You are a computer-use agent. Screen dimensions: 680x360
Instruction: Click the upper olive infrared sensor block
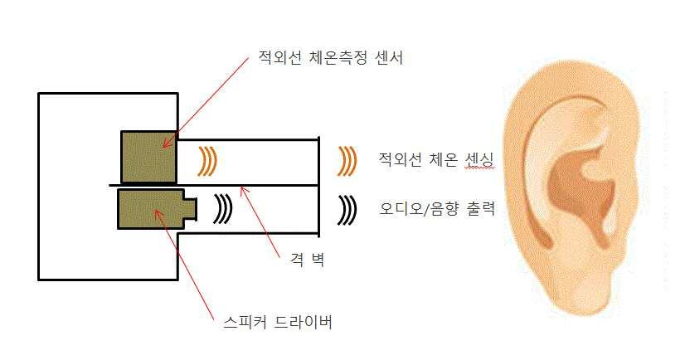(148, 156)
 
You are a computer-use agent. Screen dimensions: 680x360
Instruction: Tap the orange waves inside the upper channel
(207, 159)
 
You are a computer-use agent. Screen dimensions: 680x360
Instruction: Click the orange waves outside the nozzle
(347, 159)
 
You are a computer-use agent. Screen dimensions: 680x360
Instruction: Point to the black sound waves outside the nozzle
(346, 209)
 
